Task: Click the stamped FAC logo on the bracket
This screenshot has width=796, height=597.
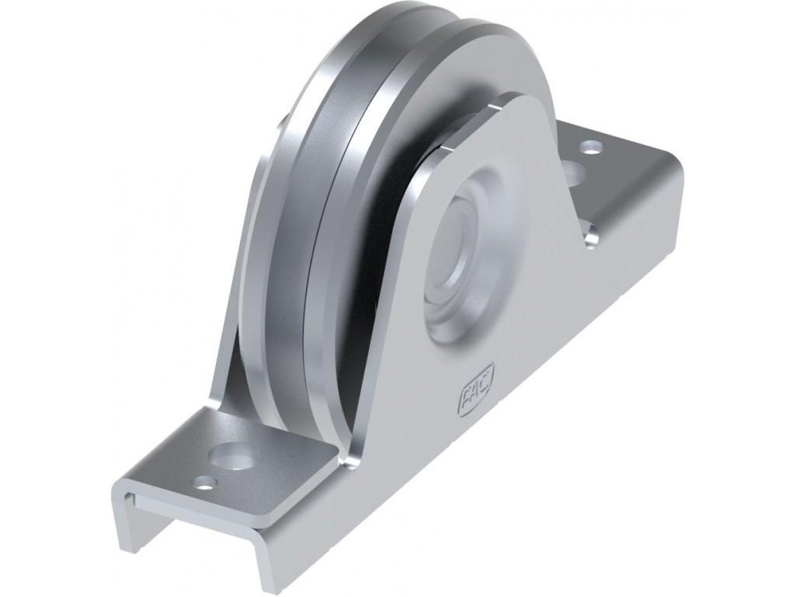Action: click(x=475, y=391)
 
